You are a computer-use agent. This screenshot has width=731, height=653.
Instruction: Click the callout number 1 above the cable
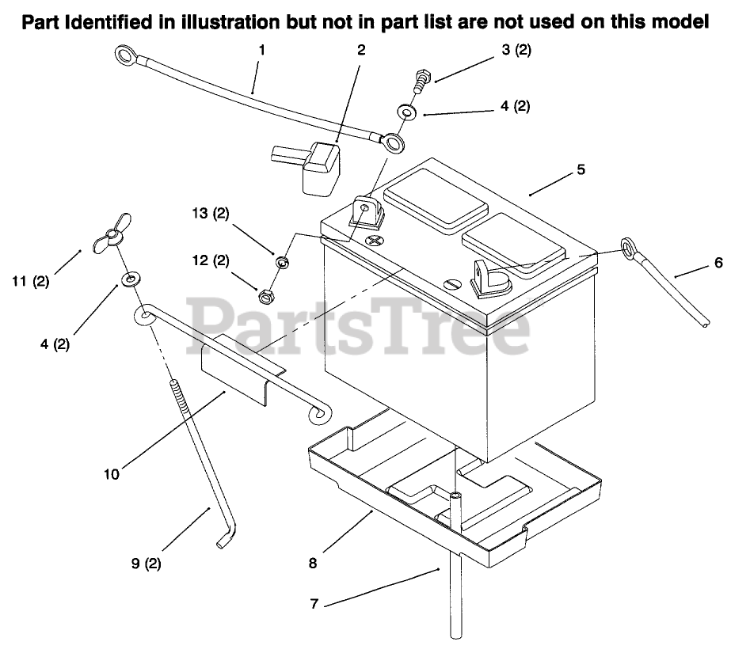click(262, 49)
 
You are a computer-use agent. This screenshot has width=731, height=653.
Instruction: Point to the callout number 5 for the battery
click(581, 170)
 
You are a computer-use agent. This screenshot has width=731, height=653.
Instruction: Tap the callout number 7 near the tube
click(314, 604)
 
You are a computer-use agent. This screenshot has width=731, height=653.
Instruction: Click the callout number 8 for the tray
click(314, 564)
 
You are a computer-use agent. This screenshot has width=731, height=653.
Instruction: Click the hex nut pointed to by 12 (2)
click(266, 297)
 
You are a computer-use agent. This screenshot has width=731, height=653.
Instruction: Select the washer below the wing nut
click(128, 279)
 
